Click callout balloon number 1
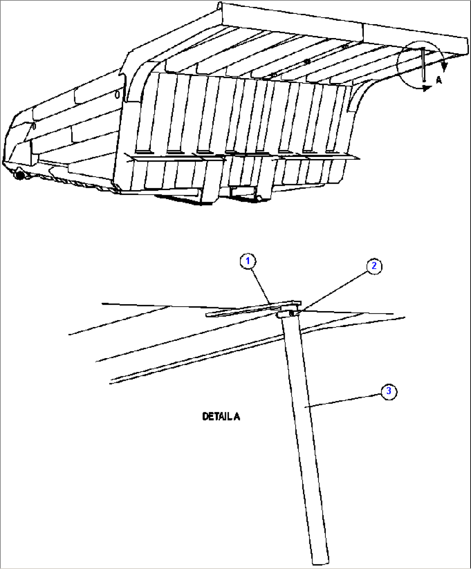(248, 261)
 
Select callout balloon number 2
(374, 266)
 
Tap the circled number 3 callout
(389, 391)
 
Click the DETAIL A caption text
(221, 416)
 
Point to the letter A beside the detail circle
(439, 80)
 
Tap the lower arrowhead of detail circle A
(427, 88)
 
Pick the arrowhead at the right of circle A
(445, 66)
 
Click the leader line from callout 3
(341, 400)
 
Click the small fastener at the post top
(292, 312)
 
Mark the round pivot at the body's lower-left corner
(19, 175)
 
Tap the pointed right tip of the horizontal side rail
(358, 158)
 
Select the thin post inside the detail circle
(423, 65)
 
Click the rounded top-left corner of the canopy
(220, 6)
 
